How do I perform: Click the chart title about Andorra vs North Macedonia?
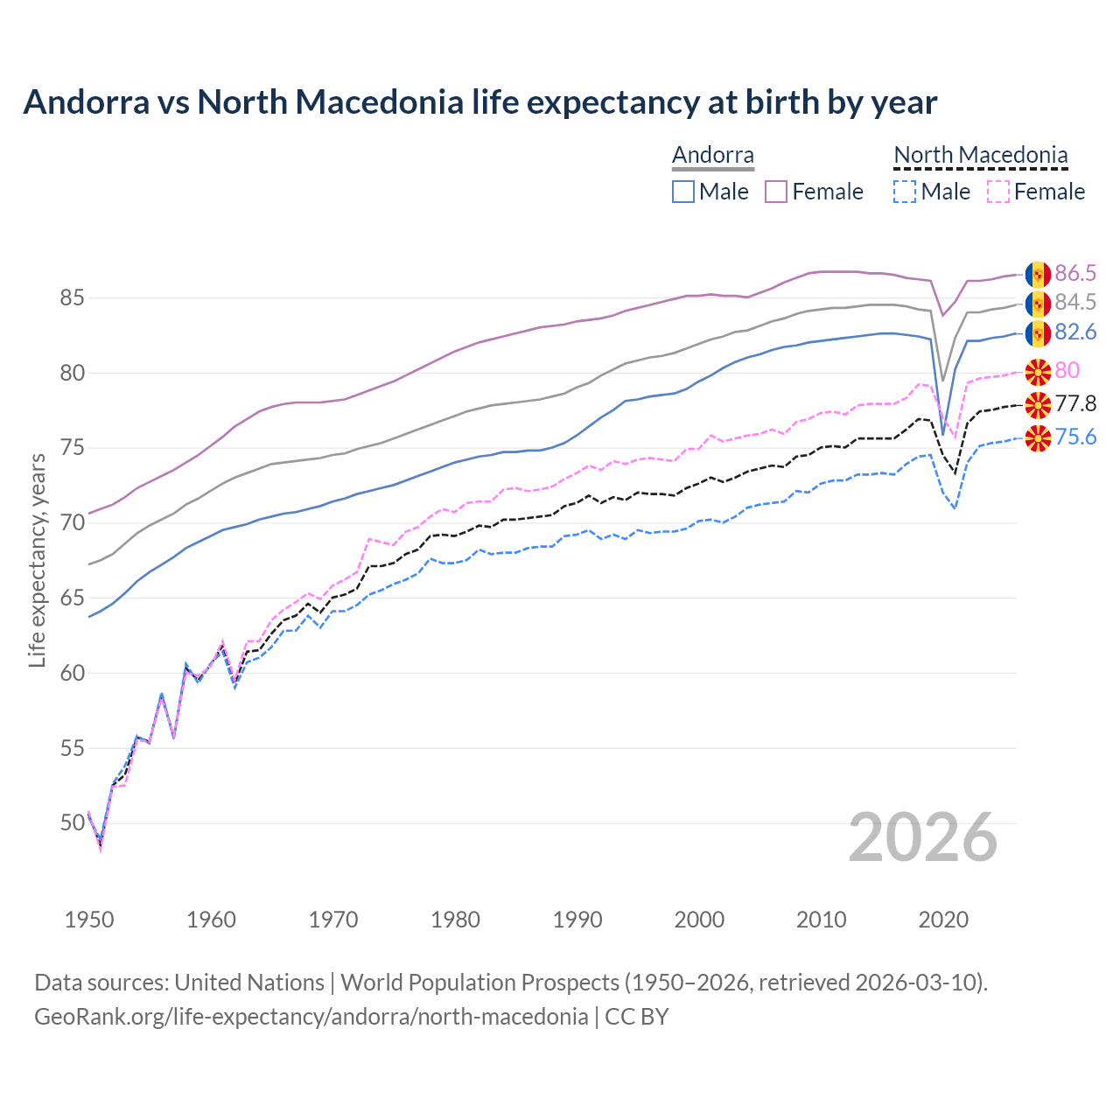pos(479,102)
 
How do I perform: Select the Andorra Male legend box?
pos(683,192)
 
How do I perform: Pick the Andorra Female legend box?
pos(776,192)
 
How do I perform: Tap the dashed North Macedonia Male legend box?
pos(905,192)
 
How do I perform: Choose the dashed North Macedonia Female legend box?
pos(997,192)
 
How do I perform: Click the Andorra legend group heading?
pos(712,156)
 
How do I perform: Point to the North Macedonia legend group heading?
pos(980,156)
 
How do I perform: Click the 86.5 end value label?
pos(1074,274)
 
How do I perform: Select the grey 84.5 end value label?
pos(1074,303)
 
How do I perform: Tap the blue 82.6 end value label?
pos(1074,332)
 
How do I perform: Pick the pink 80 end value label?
pos(1067,371)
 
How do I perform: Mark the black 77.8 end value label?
pos(1074,403)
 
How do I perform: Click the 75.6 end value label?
pos(1074,437)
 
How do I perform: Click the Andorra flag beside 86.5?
pos(1038,275)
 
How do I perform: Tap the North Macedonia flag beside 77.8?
pos(1038,404)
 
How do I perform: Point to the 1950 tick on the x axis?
pos(89,920)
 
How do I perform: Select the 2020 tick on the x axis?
pos(943,920)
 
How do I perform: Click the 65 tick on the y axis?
pos(73,598)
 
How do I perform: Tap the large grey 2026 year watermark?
pos(922,837)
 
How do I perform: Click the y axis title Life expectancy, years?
pos(38,560)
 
